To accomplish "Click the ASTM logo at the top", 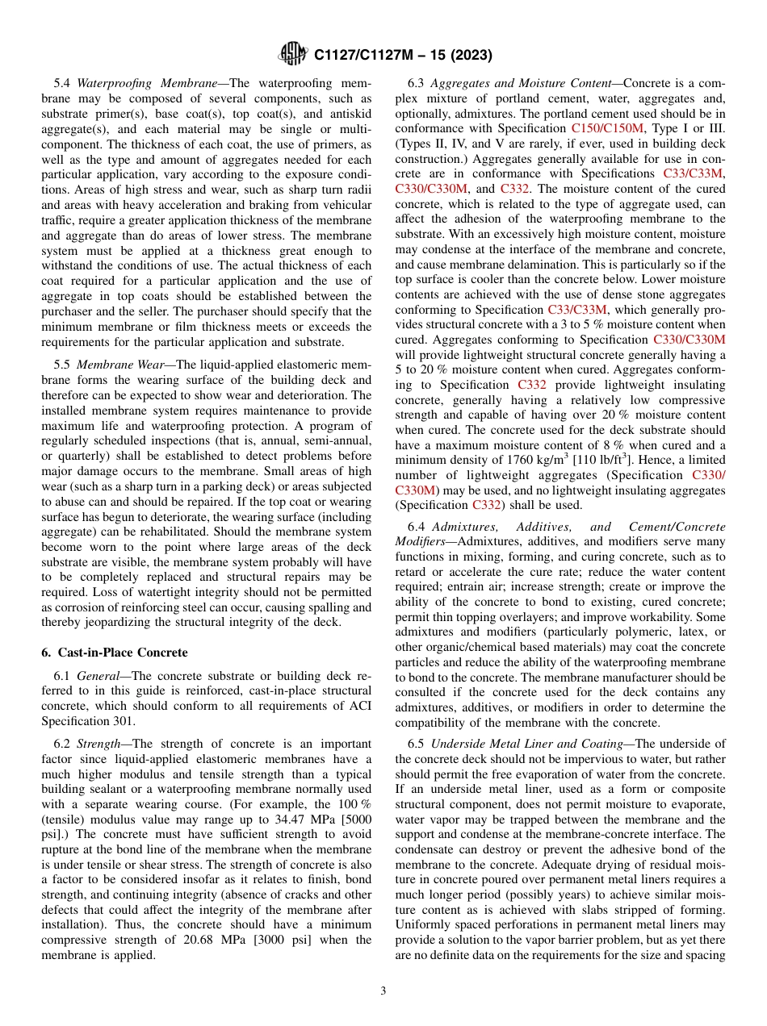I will click(292, 55).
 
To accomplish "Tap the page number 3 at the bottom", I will click(383, 991).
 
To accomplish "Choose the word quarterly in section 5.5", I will click(71, 457).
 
